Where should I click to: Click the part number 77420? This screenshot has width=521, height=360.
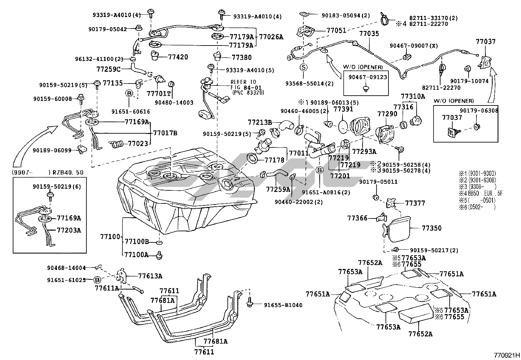coord(178,57)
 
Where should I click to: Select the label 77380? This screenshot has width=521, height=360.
coord(242,58)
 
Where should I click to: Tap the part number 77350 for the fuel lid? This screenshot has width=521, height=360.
coord(431,228)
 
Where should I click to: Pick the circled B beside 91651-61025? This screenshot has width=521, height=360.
coord(97,280)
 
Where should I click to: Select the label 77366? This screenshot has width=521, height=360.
coord(357,218)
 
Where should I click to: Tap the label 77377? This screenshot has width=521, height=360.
coord(415,203)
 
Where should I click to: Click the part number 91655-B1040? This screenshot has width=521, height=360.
coord(283,305)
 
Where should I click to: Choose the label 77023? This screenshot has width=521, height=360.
coord(137,143)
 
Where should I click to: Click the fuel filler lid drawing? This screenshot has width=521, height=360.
coord(398,228)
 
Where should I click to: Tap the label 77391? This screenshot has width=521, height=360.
coord(343,109)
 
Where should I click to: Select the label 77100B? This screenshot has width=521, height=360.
coord(136,242)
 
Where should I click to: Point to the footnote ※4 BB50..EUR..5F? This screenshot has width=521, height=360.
coord(481,194)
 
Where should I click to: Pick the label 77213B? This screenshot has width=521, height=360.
coord(260,123)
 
